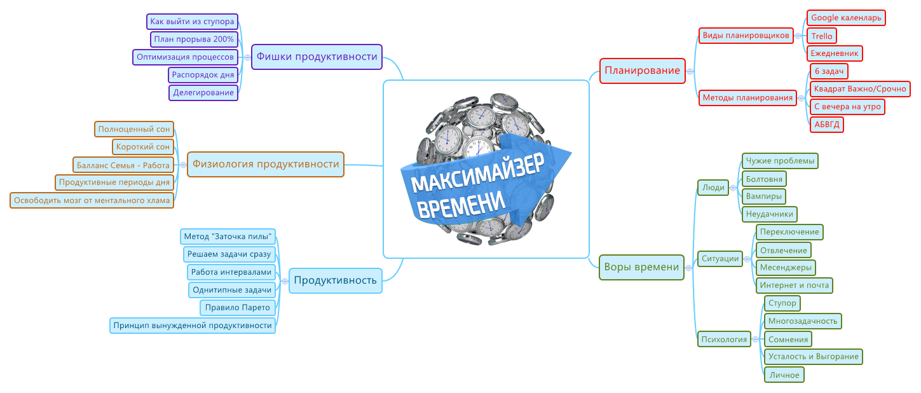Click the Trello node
click(x=821, y=36)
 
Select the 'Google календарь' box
click(x=846, y=18)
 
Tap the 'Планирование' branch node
click(x=642, y=71)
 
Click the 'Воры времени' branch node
click(x=641, y=267)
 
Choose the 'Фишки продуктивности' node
click(x=317, y=57)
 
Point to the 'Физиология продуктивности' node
click(x=266, y=164)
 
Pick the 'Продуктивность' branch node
click(x=336, y=280)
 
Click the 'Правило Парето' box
click(x=238, y=308)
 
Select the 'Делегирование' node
click(x=203, y=93)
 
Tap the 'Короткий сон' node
click(x=143, y=147)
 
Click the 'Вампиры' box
click(x=764, y=196)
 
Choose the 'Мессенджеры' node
click(x=786, y=267)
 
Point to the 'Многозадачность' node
click(x=803, y=321)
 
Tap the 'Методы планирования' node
click(x=747, y=98)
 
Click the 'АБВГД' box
click(x=827, y=125)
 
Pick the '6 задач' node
click(x=829, y=71)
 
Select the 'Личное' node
click(x=784, y=375)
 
